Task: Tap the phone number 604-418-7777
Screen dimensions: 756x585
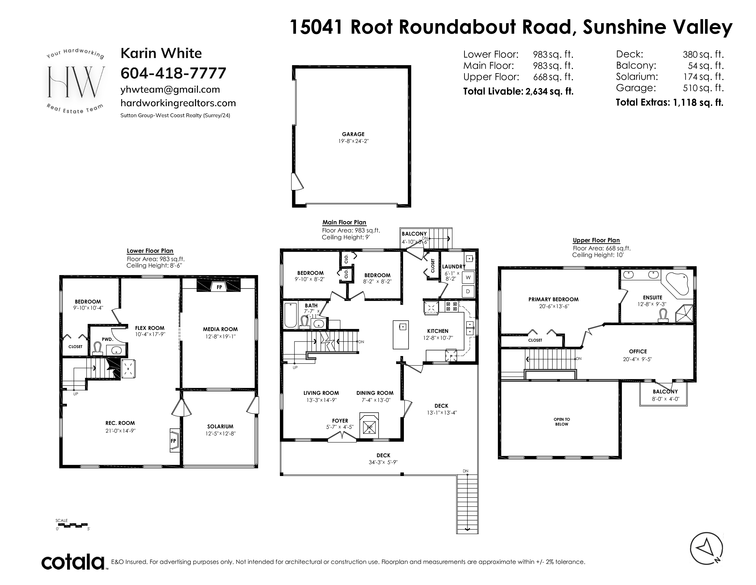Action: click(x=173, y=73)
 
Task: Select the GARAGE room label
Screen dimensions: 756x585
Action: click(x=353, y=134)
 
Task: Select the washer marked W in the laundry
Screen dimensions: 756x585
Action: click(x=468, y=277)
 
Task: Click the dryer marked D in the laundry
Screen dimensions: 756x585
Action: click(x=468, y=291)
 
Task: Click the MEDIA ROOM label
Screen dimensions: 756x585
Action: click(x=220, y=329)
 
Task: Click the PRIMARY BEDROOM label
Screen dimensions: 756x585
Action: click(x=553, y=299)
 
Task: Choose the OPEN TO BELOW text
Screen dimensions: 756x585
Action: click(x=562, y=422)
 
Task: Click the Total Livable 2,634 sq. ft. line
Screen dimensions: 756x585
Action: click(x=518, y=92)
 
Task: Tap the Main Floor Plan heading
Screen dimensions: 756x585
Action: click(x=344, y=223)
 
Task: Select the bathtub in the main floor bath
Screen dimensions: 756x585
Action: click(x=290, y=315)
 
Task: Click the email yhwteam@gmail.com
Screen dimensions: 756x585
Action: click(x=170, y=89)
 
